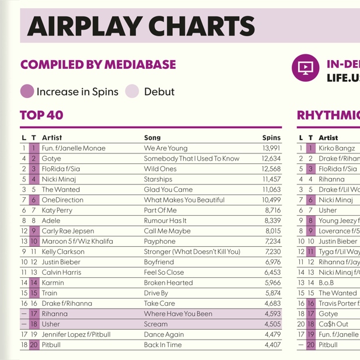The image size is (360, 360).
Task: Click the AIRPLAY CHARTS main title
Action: [141, 26]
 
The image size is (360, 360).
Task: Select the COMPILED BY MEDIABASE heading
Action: [98, 65]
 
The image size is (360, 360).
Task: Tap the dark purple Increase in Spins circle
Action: [27, 92]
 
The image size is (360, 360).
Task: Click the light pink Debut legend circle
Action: [132, 92]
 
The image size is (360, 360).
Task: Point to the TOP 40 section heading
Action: [41, 116]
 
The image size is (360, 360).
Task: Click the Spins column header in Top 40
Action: [271, 138]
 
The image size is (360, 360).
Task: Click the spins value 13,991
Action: [271, 148]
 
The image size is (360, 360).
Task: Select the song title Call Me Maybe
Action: [167, 231]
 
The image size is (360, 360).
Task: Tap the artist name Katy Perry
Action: [57, 210]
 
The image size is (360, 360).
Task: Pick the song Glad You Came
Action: [168, 190]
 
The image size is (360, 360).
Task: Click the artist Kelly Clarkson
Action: [63, 251]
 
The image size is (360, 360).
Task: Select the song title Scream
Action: [156, 324]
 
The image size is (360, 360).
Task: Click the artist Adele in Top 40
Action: [51, 221]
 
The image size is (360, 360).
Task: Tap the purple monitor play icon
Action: [305, 68]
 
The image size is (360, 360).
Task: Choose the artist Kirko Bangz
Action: [337, 148]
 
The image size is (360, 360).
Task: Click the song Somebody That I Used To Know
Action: [191, 159]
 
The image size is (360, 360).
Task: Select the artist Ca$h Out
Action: [333, 324]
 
